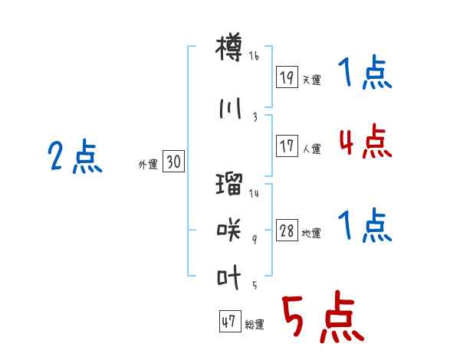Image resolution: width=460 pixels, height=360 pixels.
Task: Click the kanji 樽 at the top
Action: click(x=229, y=47)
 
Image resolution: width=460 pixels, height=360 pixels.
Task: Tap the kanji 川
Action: click(x=230, y=108)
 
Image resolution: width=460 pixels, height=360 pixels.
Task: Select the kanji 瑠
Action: click(x=229, y=184)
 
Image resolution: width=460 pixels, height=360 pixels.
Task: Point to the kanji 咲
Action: click(x=229, y=230)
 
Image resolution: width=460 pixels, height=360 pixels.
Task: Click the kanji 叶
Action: click(x=229, y=277)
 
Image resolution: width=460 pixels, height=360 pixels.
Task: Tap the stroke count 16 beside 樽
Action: click(x=254, y=56)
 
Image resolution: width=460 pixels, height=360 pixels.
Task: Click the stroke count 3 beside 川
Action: click(x=255, y=117)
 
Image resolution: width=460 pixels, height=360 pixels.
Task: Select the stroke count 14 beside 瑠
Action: click(x=254, y=193)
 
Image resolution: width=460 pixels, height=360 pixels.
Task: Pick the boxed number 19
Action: click(x=287, y=77)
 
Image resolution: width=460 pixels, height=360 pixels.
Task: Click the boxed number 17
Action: click(x=287, y=146)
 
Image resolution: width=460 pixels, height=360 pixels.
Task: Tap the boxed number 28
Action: click(x=287, y=230)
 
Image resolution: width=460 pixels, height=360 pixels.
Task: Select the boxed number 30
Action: click(x=173, y=161)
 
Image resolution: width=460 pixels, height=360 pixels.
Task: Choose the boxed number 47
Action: click(x=230, y=321)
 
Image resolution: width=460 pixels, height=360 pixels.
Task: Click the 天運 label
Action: click(x=311, y=80)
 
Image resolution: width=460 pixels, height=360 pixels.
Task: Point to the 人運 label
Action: click(x=311, y=149)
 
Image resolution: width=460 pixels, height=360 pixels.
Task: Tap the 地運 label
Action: click(x=311, y=234)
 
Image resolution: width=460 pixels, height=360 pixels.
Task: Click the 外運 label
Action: click(x=148, y=165)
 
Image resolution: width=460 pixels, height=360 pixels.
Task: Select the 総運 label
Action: click(x=255, y=325)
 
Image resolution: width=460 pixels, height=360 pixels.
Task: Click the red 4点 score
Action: click(x=366, y=141)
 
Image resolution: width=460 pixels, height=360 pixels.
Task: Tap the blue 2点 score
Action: click(x=75, y=156)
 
